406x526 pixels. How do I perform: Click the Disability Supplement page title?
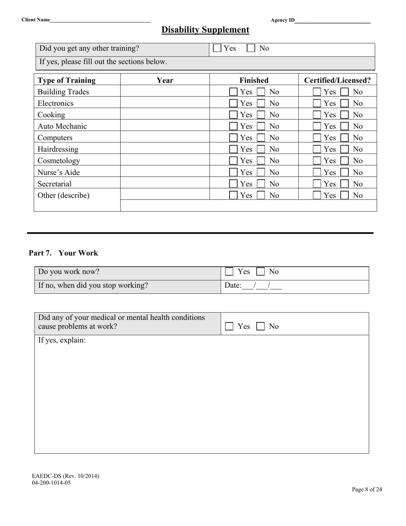point(205,30)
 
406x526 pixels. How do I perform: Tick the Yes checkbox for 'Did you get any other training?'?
point(217,48)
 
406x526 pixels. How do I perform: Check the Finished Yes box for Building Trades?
point(233,92)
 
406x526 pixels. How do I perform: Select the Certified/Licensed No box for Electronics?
point(344,103)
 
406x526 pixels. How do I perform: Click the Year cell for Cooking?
point(165,115)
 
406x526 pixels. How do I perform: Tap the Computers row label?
point(55,138)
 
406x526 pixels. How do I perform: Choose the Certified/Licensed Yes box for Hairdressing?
point(317,150)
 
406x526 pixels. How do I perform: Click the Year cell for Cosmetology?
point(165,161)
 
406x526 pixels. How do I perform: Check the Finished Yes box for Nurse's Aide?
point(233,173)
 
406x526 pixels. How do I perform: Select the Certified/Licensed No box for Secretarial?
point(344,184)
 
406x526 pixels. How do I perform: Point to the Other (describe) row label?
point(64,196)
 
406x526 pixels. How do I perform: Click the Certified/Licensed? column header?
point(337,80)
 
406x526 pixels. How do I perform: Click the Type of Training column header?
point(67,80)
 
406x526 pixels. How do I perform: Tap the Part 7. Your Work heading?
point(63,253)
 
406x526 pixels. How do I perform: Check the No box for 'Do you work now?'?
point(260,272)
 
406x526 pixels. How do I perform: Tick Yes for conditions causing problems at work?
point(229,327)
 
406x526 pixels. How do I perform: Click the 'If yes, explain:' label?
point(62,341)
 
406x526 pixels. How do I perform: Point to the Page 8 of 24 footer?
point(367,490)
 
